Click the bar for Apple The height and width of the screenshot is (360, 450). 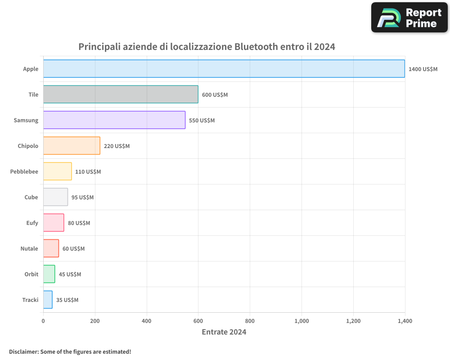click(x=224, y=69)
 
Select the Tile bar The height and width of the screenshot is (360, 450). click(x=121, y=94)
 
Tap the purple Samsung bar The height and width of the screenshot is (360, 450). click(x=114, y=120)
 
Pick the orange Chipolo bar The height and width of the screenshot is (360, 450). click(x=72, y=146)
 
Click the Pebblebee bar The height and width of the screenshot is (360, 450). click(x=58, y=171)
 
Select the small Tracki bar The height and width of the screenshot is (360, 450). click(x=48, y=300)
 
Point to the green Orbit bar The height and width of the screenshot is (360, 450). click(x=49, y=274)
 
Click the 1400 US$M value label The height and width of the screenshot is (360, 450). click(x=423, y=69)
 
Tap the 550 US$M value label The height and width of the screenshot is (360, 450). click(x=202, y=121)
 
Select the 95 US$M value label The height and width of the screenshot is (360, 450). click(x=82, y=198)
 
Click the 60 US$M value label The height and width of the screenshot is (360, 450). click(x=73, y=249)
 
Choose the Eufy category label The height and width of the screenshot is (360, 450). click(x=32, y=223)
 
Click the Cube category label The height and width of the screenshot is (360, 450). click(x=31, y=197)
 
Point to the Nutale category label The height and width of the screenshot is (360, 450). click(x=29, y=248)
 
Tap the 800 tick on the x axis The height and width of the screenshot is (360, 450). click(x=250, y=321)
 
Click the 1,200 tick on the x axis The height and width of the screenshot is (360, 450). click(x=353, y=321)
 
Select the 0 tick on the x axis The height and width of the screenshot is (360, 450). click(x=43, y=321)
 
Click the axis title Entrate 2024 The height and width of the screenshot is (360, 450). click(x=224, y=332)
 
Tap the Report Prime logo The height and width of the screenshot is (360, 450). click(x=409, y=18)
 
